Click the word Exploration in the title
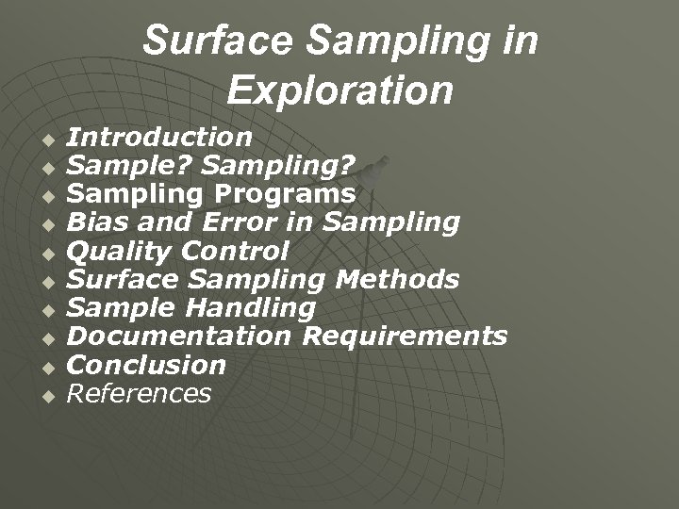pos(339,90)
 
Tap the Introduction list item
pos(159,138)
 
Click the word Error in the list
pos(257,222)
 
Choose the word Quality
pos(121,251)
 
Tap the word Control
pos(235,251)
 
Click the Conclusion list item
pos(147,364)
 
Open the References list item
pos(140,392)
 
